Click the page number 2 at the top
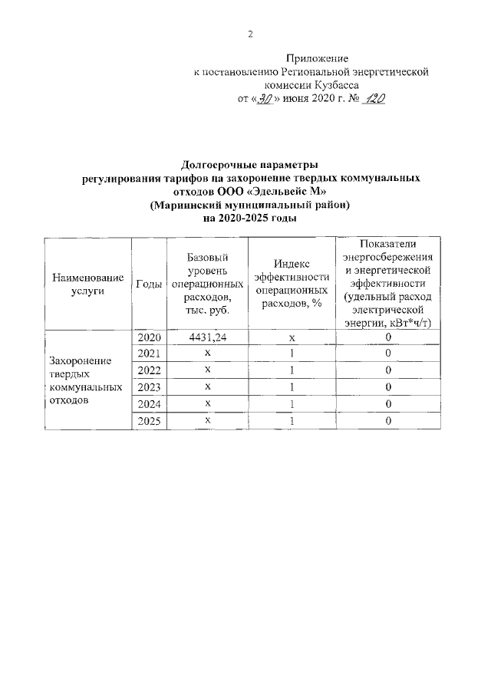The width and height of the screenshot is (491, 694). (x=250, y=34)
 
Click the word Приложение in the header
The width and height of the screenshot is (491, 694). (x=317, y=58)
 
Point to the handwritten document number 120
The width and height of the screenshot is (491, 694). (x=374, y=100)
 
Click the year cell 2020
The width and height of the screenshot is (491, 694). (x=148, y=337)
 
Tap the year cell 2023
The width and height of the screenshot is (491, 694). (x=148, y=386)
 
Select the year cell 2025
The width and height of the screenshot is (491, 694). (x=148, y=420)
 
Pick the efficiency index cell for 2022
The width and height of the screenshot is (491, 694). (x=292, y=370)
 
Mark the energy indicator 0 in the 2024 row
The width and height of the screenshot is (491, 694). (x=388, y=403)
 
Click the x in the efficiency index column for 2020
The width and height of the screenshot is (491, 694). (x=292, y=337)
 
